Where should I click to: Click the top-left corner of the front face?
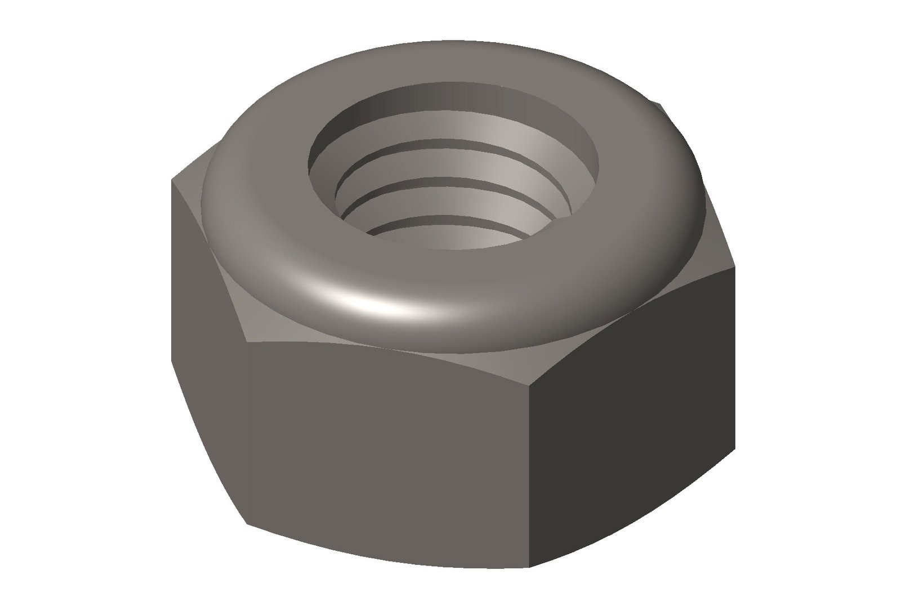246,341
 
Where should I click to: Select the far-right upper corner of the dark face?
735,267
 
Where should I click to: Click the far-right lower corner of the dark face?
735,451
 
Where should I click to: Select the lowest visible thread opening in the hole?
445,237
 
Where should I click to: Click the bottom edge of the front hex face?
389,549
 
